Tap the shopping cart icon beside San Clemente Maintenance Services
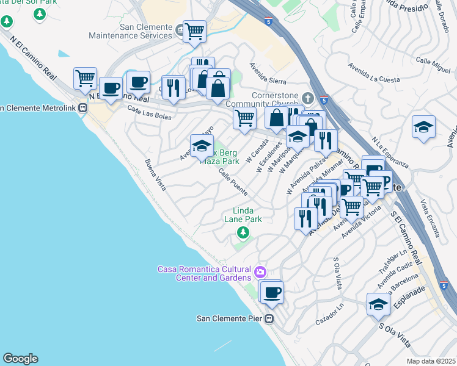point(194,30)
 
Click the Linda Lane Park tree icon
point(243,232)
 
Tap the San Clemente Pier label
point(228,318)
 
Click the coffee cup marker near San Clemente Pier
point(272,292)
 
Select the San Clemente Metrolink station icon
point(82,109)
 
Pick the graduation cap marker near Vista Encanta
point(423,127)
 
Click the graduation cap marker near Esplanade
point(379,304)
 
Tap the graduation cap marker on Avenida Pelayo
point(202,146)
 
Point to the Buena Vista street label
point(155,175)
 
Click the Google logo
point(20,359)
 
